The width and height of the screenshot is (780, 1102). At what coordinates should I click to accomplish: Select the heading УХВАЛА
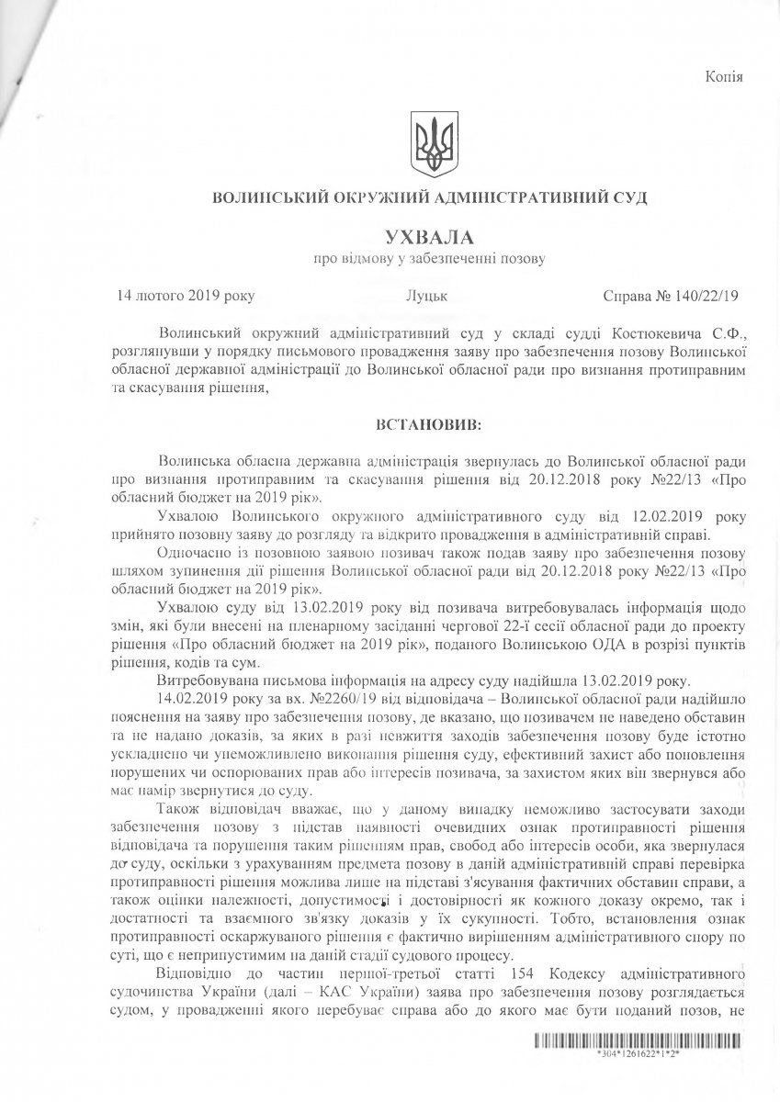428,237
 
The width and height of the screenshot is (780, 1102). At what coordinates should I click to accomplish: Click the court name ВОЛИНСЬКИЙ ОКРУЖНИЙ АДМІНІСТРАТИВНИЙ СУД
429,197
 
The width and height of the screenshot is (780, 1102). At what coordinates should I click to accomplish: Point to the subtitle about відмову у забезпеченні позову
428,260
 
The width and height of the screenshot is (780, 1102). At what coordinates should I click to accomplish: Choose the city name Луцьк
426,296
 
